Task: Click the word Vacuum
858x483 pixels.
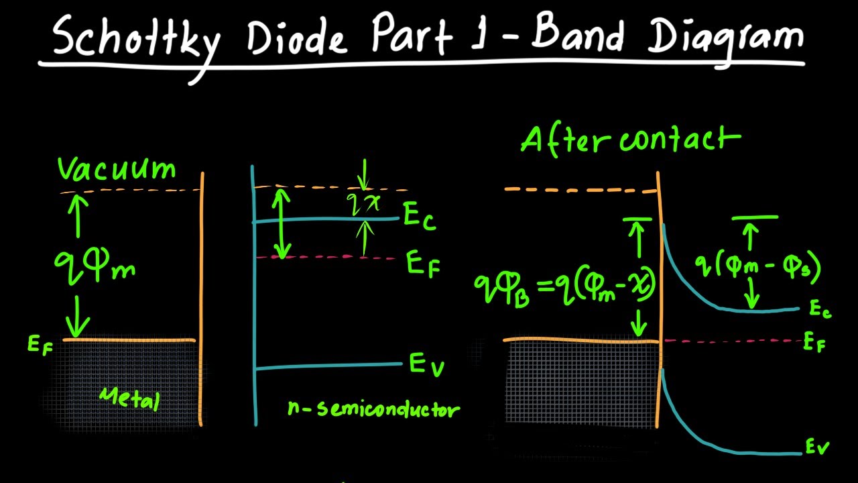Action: [x=117, y=169]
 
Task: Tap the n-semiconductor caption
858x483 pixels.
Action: [x=374, y=408]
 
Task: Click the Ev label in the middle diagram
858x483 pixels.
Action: [x=426, y=365]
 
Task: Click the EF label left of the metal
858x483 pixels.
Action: [x=40, y=345]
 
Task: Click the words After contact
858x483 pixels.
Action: [x=630, y=139]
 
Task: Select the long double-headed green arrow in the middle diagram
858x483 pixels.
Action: [x=283, y=223]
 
